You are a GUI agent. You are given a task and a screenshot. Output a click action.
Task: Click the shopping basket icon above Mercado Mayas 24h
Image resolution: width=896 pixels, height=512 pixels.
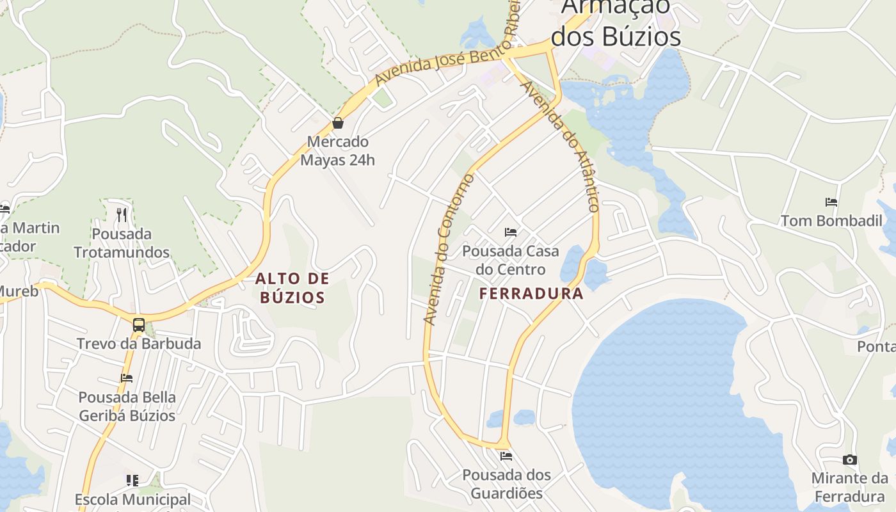click(x=338, y=123)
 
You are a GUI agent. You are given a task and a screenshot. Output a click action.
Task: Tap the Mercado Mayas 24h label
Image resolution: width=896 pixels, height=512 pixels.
click(x=337, y=150)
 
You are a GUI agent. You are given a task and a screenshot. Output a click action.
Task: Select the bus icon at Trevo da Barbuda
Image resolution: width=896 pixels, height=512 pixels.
click(x=139, y=324)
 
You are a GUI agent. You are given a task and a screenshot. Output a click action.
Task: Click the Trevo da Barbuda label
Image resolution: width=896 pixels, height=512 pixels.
click(x=139, y=344)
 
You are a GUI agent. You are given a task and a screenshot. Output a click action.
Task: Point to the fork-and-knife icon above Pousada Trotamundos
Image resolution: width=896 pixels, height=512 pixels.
click(x=122, y=214)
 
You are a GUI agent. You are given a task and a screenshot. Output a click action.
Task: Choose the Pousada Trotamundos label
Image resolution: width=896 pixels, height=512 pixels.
click(x=122, y=243)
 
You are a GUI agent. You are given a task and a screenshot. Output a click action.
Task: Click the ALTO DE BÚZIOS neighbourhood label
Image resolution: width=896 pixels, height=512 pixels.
click(x=292, y=288)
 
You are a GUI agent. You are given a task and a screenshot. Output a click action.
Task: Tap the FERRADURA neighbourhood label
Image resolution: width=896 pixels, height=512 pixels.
click(x=531, y=294)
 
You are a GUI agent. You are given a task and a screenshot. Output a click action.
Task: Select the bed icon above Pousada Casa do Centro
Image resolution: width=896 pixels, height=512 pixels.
click(x=511, y=232)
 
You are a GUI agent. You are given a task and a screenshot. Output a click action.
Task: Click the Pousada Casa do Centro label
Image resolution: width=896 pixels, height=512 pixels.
click(x=511, y=260)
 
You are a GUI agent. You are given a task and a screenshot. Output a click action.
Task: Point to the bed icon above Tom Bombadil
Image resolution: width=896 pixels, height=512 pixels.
click(x=831, y=202)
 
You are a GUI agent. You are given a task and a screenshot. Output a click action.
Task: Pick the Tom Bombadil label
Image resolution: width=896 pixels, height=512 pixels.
click(x=831, y=221)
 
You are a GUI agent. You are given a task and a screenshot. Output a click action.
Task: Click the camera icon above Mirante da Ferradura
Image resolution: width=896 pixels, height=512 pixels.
click(x=850, y=460)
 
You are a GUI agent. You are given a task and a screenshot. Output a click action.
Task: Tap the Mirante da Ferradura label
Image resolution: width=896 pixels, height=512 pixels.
click(x=850, y=488)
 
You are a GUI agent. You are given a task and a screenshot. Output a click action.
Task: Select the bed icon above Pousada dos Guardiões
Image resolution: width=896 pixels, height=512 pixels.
click(x=506, y=456)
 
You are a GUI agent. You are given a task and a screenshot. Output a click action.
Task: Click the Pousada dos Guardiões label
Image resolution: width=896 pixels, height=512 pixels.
click(x=506, y=484)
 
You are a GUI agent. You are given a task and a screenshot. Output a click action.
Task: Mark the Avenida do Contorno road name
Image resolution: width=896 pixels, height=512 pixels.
click(x=448, y=250)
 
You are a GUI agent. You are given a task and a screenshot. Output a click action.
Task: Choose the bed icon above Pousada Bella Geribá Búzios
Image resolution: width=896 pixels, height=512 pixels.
click(x=127, y=378)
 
